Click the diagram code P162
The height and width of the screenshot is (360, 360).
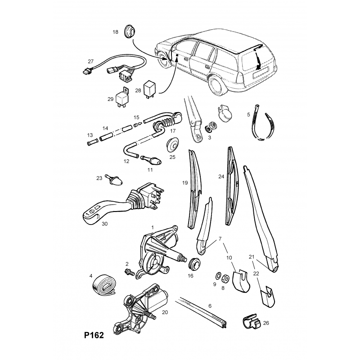[94, 336]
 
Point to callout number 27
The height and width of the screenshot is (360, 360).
[90, 61]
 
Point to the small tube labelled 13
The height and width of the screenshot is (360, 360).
[92, 144]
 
